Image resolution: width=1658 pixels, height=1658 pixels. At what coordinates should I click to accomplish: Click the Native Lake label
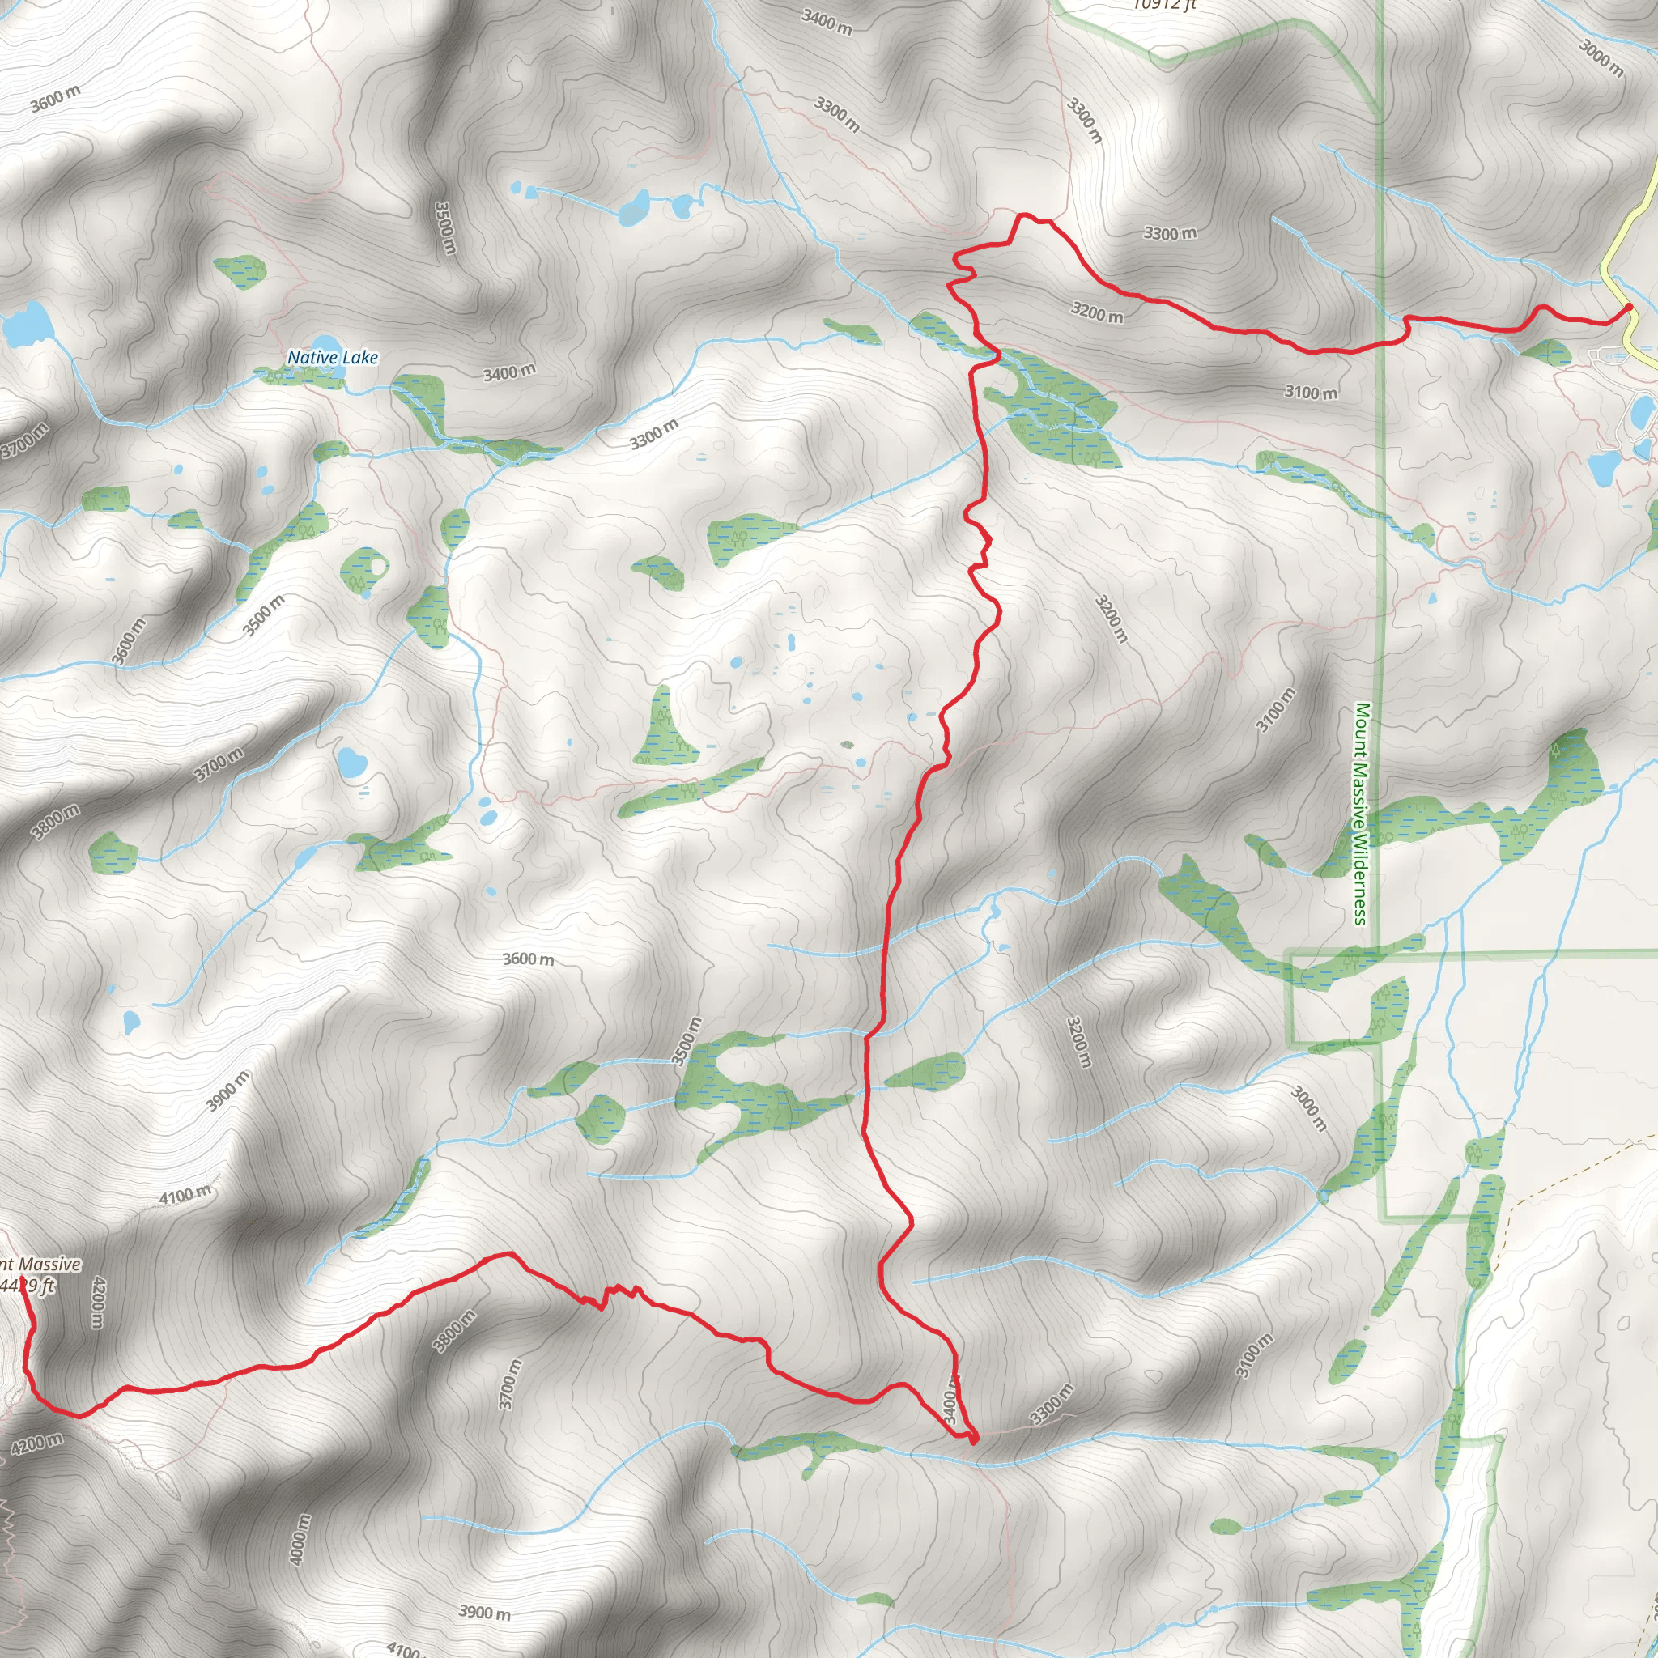[332, 358]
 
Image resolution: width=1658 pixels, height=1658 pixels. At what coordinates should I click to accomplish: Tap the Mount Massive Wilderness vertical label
[1361, 814]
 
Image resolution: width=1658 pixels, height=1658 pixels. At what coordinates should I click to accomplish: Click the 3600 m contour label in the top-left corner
[56, 99]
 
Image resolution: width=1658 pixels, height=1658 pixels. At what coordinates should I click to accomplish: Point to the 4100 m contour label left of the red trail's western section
[185, 1195]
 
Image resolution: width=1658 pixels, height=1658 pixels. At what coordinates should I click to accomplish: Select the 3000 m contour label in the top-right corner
[1601, 58]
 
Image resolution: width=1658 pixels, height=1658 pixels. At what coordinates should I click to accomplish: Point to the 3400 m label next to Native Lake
[509, 372]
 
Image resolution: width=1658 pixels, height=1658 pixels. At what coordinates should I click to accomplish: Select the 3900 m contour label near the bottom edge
[484, 1612]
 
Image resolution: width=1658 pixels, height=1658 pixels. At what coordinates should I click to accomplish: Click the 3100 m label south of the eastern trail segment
[1311, 392]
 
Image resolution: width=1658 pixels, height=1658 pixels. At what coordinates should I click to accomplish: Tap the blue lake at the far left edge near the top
[26, 324]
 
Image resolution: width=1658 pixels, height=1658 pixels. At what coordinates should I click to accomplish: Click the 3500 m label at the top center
[444, 227]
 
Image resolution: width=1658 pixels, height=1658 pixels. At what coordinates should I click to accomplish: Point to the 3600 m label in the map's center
[528, 959]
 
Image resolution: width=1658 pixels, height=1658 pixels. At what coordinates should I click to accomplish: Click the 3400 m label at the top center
[827, 22]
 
